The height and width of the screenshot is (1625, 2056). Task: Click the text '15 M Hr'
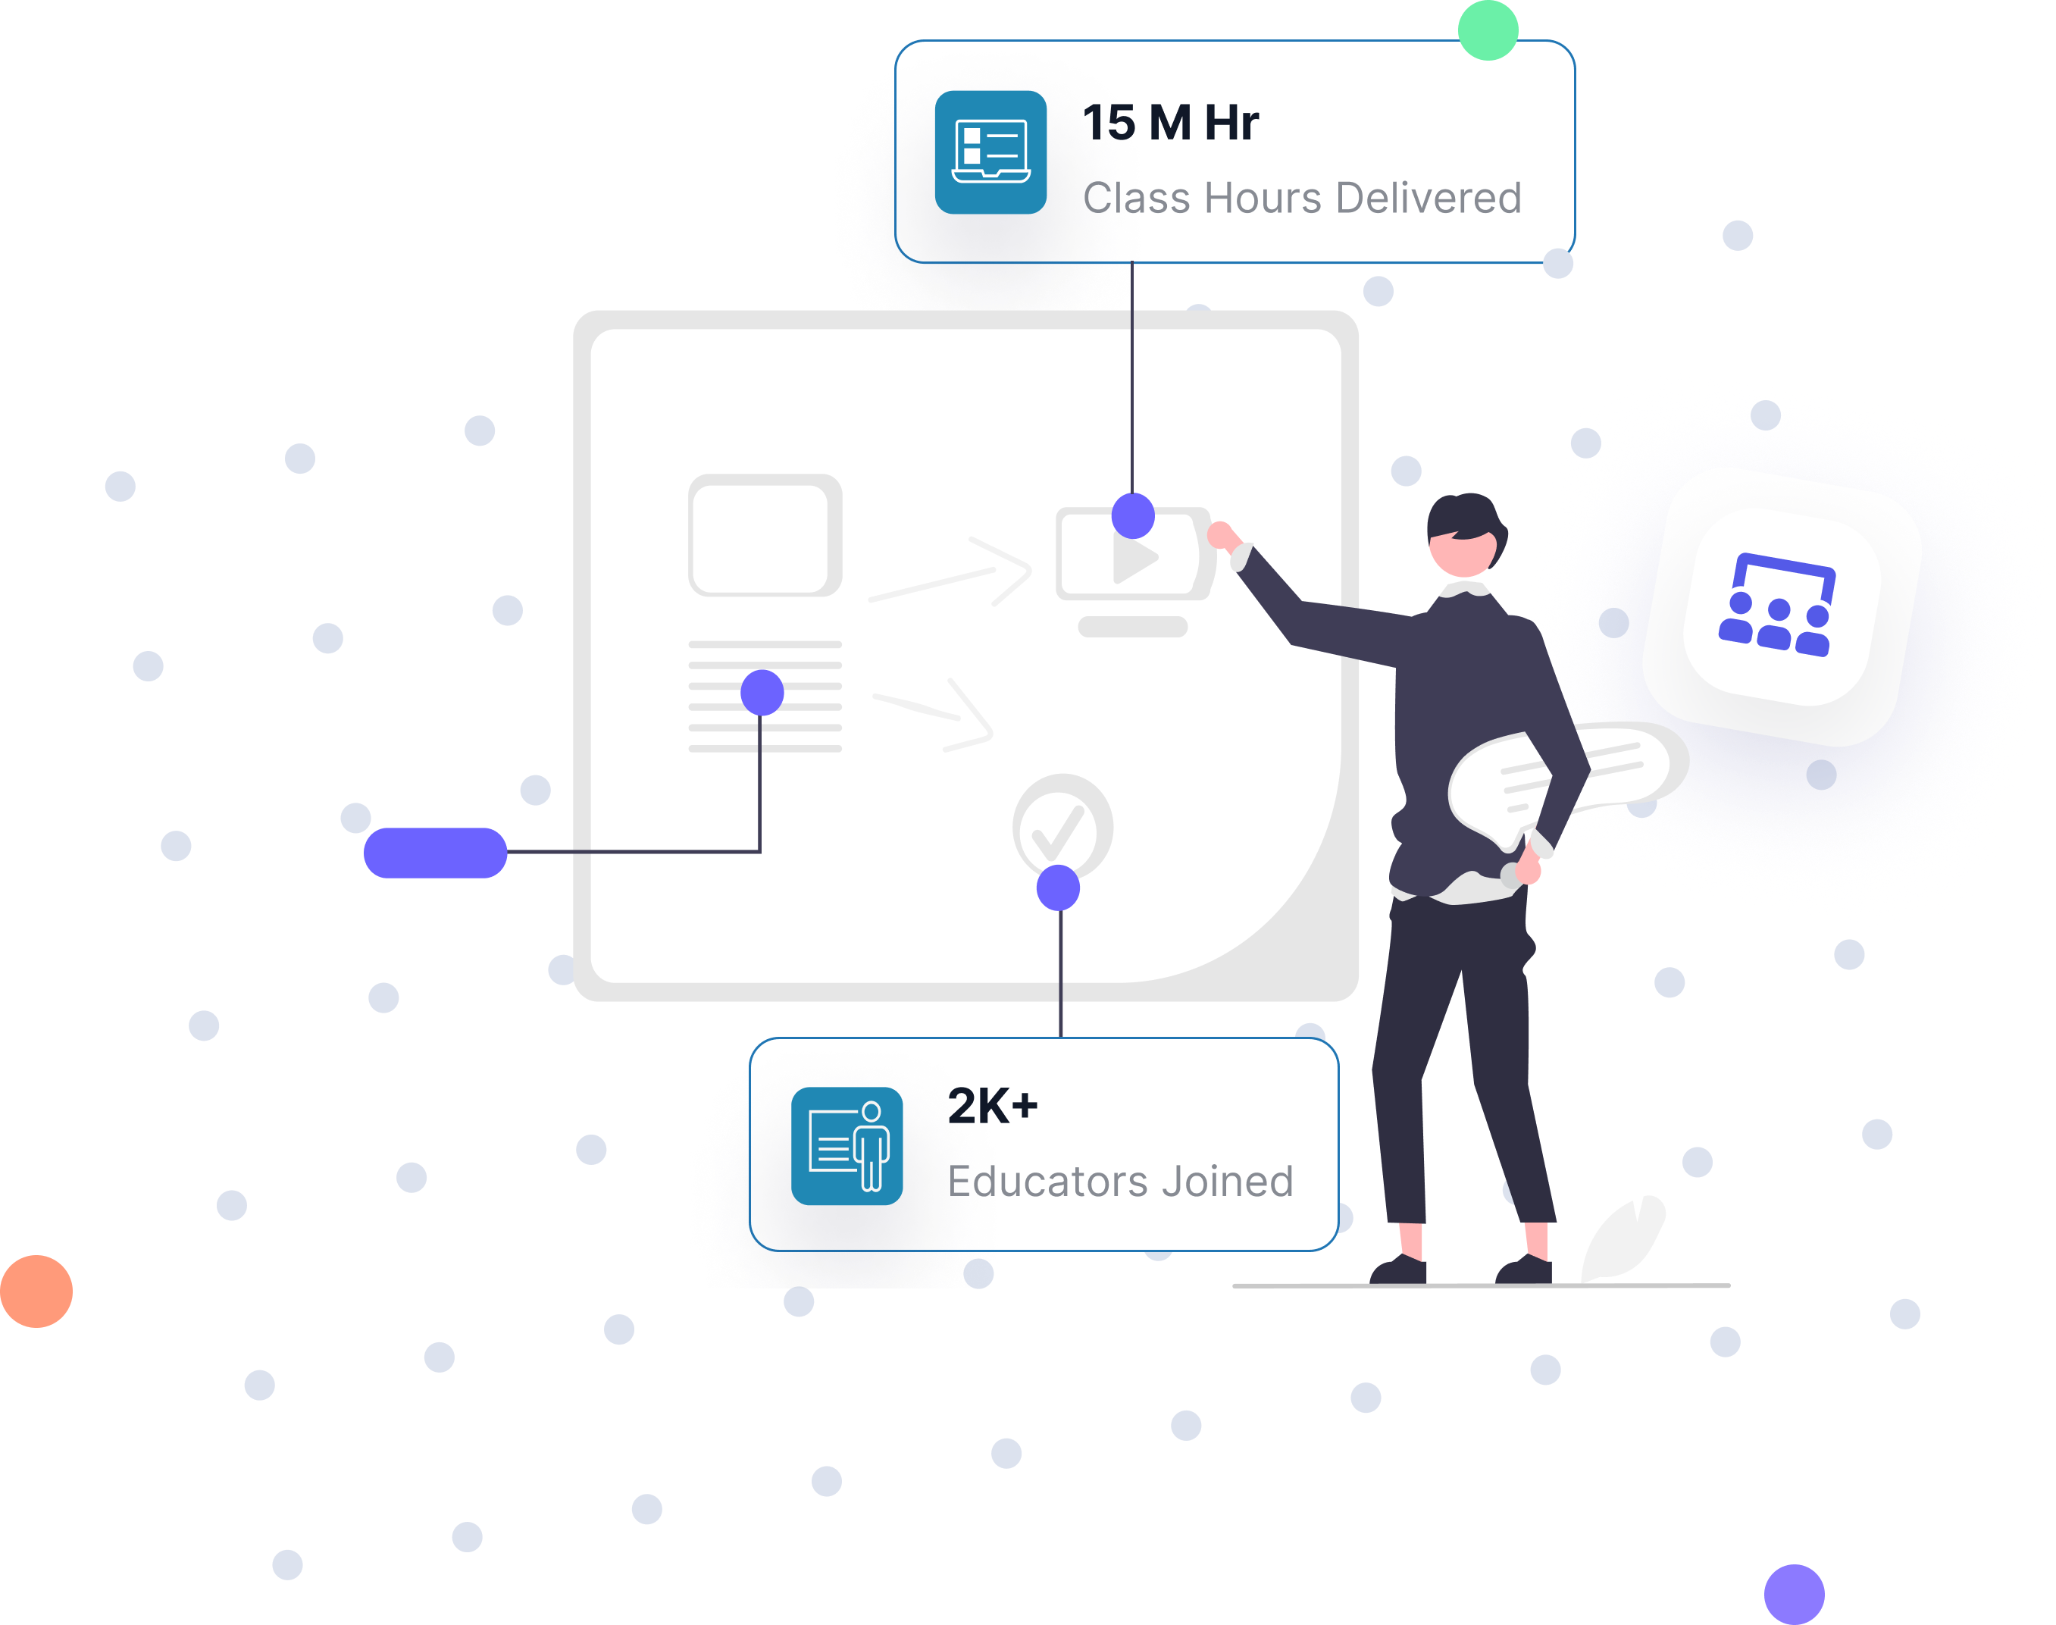1170,123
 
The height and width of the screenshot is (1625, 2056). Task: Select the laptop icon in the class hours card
990,152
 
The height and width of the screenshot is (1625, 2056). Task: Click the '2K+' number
992,1106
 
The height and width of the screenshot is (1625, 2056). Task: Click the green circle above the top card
1488,29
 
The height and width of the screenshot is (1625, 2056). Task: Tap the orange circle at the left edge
36,1290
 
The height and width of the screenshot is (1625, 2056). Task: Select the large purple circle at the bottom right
1793,1594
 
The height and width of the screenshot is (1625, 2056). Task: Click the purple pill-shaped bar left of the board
435,853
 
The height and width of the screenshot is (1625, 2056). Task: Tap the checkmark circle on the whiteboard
1062,826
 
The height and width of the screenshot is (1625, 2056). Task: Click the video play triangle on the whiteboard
1135,559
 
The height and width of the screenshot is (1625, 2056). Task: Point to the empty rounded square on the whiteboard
764,536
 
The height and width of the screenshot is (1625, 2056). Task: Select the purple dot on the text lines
762,692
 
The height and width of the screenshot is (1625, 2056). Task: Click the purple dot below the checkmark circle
1058,888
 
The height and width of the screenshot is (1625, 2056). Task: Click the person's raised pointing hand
1222,537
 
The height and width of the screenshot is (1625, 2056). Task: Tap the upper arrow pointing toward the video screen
951,574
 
